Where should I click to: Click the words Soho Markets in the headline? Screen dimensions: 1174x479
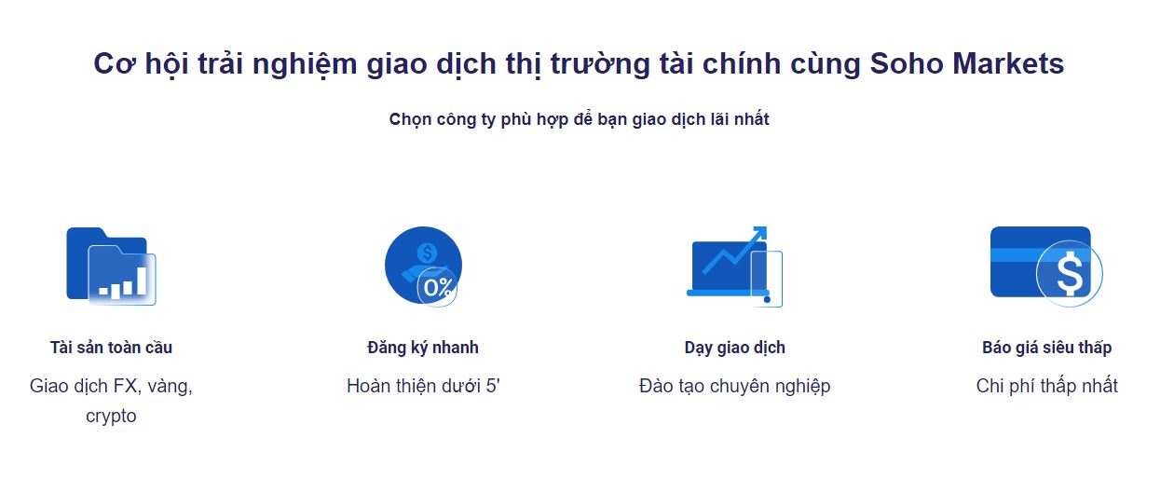point(967,63)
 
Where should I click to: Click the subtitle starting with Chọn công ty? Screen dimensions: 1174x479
point(580,119)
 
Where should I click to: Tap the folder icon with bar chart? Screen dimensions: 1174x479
point(111,267)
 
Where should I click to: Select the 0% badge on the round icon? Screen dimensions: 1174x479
point(438,287)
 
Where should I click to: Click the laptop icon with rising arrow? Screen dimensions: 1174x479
point(734,267)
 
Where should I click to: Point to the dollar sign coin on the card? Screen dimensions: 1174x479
point(1070,274)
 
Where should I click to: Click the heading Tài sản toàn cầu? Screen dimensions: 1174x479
point(111,348)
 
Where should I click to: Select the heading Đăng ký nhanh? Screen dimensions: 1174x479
point(423,348)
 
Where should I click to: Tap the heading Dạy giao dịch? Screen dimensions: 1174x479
point(735,348)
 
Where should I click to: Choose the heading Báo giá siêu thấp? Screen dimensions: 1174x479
point(1046,348)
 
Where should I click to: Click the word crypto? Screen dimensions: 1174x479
point(111,417)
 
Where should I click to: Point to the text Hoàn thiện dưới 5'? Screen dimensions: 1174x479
point(423,386)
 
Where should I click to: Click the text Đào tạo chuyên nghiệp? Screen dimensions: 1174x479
point(735,386)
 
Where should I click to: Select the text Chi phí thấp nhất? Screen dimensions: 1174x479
point(1046,386)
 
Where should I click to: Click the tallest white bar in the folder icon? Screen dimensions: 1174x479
point(142,281)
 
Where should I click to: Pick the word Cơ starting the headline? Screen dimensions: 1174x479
point(115,64)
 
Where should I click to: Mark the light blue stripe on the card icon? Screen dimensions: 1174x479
point(1014,255)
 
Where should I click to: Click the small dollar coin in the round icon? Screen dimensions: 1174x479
point(427,253)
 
